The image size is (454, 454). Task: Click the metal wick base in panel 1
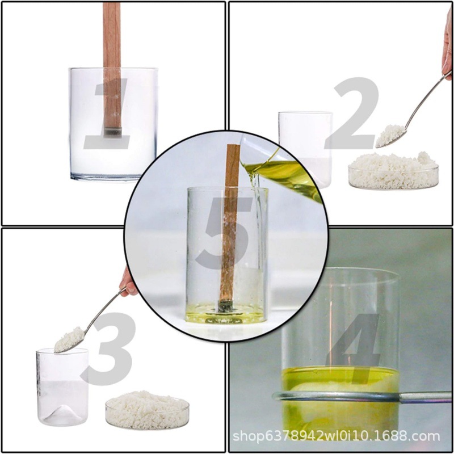point(112,132)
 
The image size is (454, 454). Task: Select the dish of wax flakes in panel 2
point(393,171)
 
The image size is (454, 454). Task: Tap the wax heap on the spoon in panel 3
point(69,339)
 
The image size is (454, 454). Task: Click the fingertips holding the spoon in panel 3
point(128,282)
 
